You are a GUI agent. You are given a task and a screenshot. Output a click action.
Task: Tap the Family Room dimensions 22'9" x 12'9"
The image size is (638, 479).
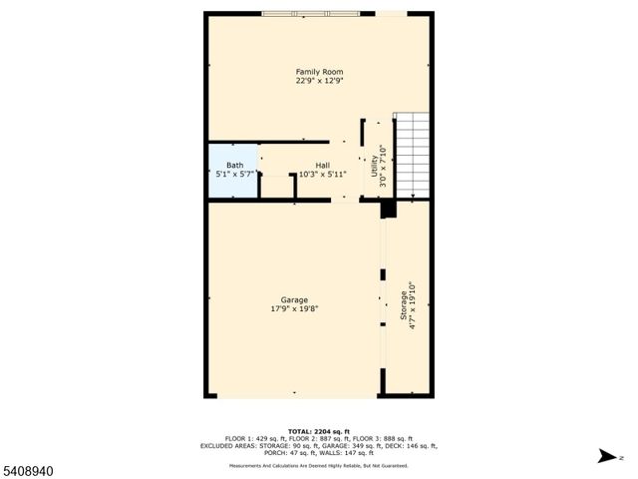point(319,82)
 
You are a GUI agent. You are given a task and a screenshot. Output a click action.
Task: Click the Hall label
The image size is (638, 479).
point(322,165)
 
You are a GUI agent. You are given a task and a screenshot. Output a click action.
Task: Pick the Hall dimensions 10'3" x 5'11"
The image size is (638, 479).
point(322,174)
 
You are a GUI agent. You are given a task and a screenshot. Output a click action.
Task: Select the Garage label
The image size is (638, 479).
point(293,299)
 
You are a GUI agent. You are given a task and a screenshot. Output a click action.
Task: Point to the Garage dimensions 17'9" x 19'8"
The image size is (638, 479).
point(293,308)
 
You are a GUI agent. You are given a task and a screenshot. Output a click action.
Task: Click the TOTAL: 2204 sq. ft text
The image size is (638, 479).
point(319,430)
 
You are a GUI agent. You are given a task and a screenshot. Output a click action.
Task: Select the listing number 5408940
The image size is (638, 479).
point(27,467)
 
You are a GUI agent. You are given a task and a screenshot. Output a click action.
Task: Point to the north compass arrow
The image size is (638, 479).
point(605,456)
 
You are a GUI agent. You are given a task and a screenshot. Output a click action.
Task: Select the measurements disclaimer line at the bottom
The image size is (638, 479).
point(319,465)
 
